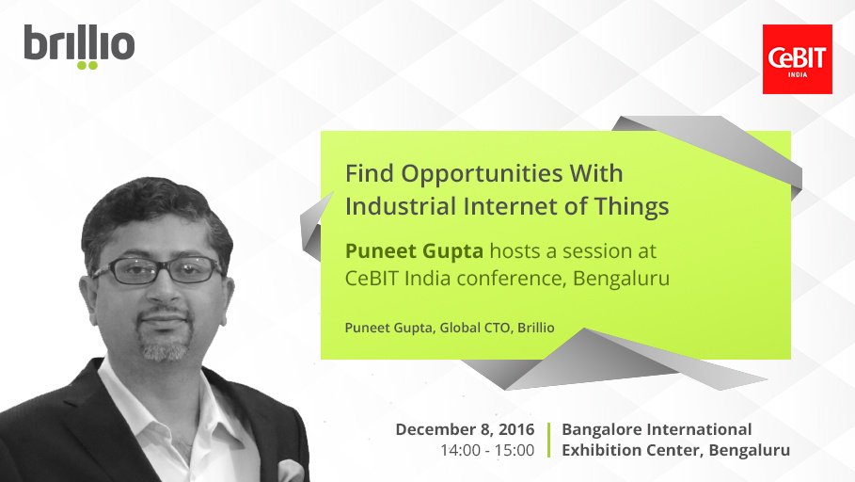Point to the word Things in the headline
(631, 206)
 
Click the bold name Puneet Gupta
(404, 252)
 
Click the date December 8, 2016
(465, 429)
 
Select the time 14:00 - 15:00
(487, 450)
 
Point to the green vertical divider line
(548, 440)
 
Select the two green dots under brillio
(87, 66)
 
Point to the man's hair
(150, 202)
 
